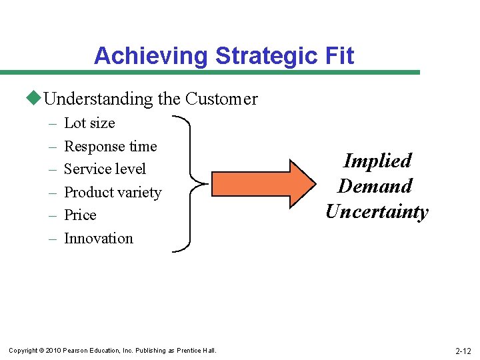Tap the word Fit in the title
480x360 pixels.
pyautogui.click(x=338, y=56)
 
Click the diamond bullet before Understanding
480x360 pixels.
pyautogui.click(x=34, y=99)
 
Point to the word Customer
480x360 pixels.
pyautogui.click(x=221, y=99)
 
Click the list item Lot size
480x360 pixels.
pyautogui.click(x=89, y=123)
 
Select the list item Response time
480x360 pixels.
pyautogui.click(x=110, y=146)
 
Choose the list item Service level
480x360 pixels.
pyautogui.click(x=105, y=169)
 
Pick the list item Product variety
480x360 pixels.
pyautogui.click(x=113, y=193)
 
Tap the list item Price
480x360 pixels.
pyautogui.click(x=80, y=215)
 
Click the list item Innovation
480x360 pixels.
pyautogui.click(x=99, y=239)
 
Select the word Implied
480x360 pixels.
pyautogui.click(x=377, y=161)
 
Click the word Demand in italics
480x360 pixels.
pyautogui.click(x=375, y=186)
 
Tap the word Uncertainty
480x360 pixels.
pyautogui.click(x=377, y=212)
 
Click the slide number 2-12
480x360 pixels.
pyautogui.click(x=463, y=351)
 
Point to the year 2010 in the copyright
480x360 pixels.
pyautogui.click(x=54, y=351)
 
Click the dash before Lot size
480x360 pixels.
pyautogui.click(x=53, y=124)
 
